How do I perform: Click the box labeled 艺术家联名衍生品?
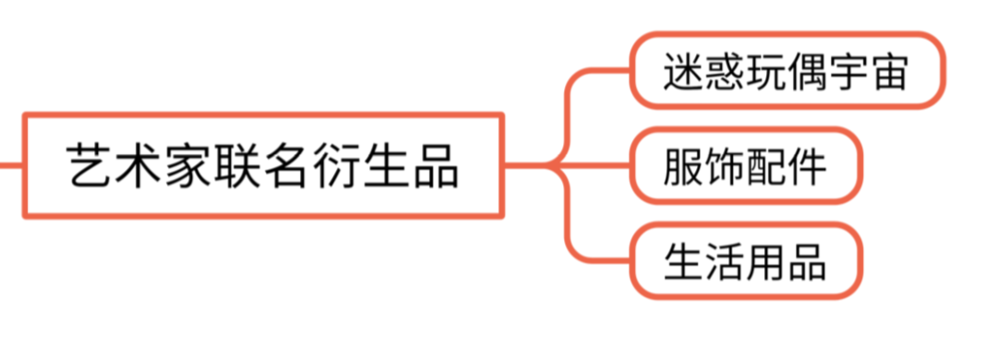263,166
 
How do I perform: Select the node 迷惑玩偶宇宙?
787,70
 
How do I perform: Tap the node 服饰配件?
746,166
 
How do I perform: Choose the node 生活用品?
746,261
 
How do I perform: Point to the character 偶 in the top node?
808,70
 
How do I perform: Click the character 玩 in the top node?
767,70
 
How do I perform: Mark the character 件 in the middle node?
807,166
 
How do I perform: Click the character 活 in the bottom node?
726,261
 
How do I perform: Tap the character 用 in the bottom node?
766,261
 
